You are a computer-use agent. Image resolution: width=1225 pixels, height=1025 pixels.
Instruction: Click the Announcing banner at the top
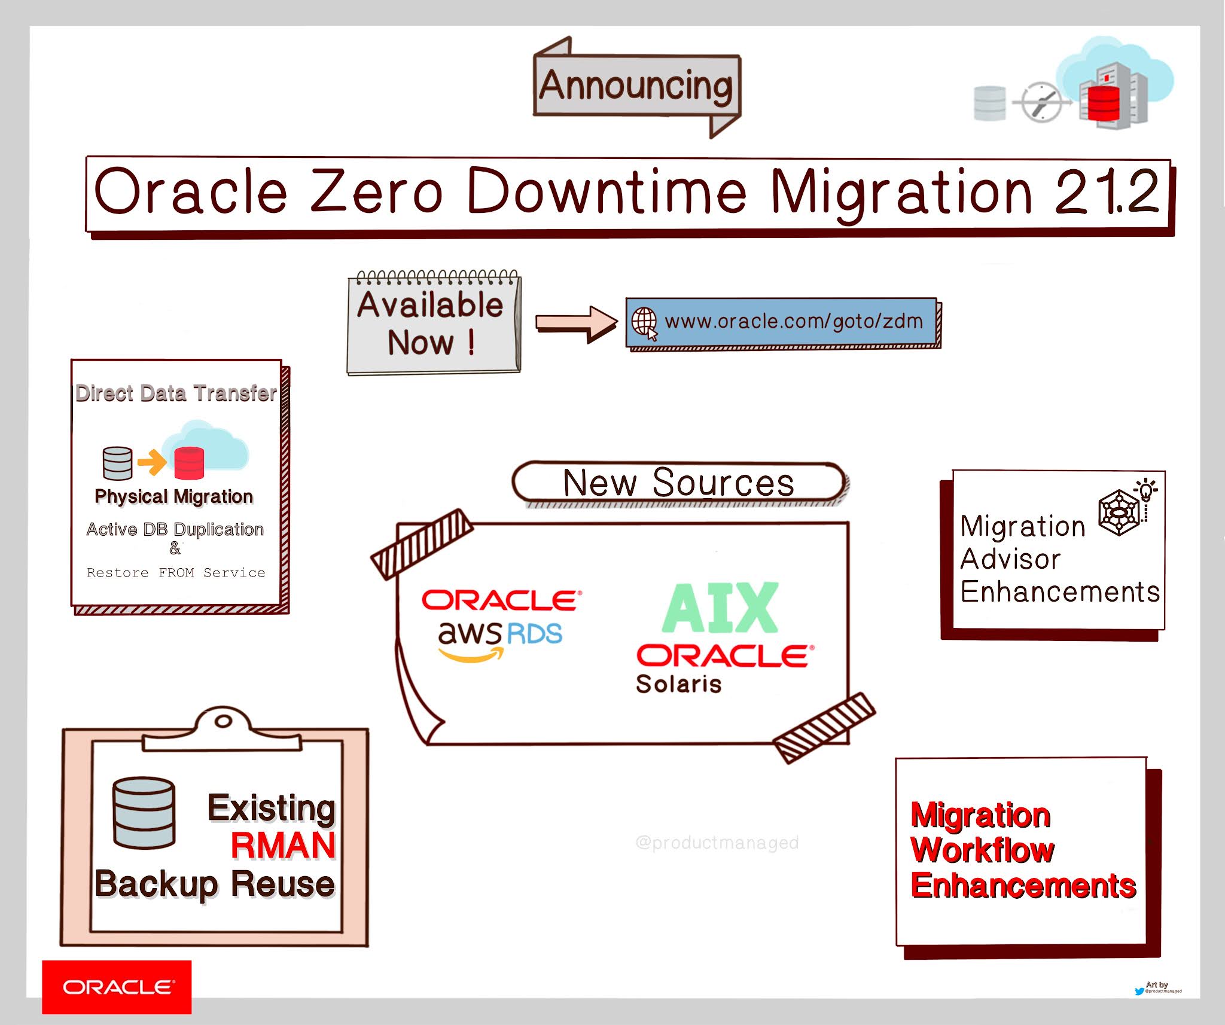636,86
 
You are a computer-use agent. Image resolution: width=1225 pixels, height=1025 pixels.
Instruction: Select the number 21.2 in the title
1107,191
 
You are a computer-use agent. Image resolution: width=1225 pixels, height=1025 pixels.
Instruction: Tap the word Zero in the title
377,191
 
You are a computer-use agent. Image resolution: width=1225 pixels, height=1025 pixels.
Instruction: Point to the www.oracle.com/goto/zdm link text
794,322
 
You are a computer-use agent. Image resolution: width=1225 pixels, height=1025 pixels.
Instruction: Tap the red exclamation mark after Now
471,343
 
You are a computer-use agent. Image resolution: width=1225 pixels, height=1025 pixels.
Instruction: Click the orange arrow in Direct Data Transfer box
152,462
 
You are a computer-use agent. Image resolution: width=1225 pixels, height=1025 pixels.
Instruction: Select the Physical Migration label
173,496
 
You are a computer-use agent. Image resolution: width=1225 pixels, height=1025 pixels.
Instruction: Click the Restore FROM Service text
176,572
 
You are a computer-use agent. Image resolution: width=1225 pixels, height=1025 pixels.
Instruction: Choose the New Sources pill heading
678,482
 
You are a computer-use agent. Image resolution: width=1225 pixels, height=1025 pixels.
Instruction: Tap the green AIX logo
720,608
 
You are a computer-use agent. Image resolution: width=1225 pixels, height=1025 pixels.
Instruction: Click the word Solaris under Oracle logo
678,684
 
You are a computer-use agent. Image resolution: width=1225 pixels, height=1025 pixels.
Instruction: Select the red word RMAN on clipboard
283,846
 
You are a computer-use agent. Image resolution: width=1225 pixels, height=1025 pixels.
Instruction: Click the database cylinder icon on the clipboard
144,813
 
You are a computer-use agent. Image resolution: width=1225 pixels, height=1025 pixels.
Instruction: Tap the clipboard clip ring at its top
223,721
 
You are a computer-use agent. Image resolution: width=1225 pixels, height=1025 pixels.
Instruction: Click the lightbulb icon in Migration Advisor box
1146,490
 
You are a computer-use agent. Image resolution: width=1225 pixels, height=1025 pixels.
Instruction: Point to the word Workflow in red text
982,850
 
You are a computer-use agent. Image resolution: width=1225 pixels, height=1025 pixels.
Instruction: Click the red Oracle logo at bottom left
117,987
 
